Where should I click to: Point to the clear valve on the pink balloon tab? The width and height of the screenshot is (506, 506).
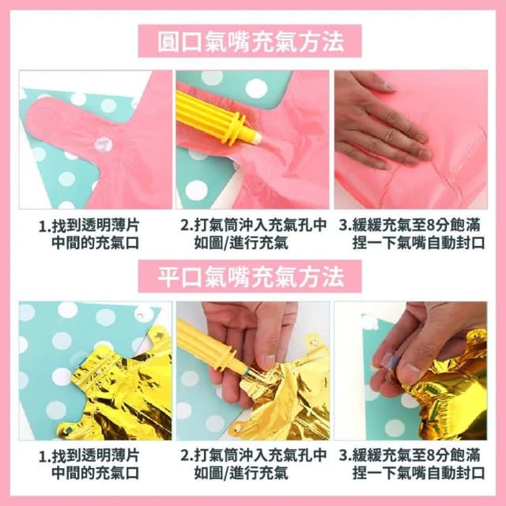103,144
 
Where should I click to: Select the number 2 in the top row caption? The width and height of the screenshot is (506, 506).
185,225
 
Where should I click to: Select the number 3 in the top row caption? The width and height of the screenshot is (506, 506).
343,225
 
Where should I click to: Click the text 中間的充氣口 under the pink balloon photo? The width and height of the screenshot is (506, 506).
96,243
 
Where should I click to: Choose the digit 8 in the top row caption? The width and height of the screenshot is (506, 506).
423,225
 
